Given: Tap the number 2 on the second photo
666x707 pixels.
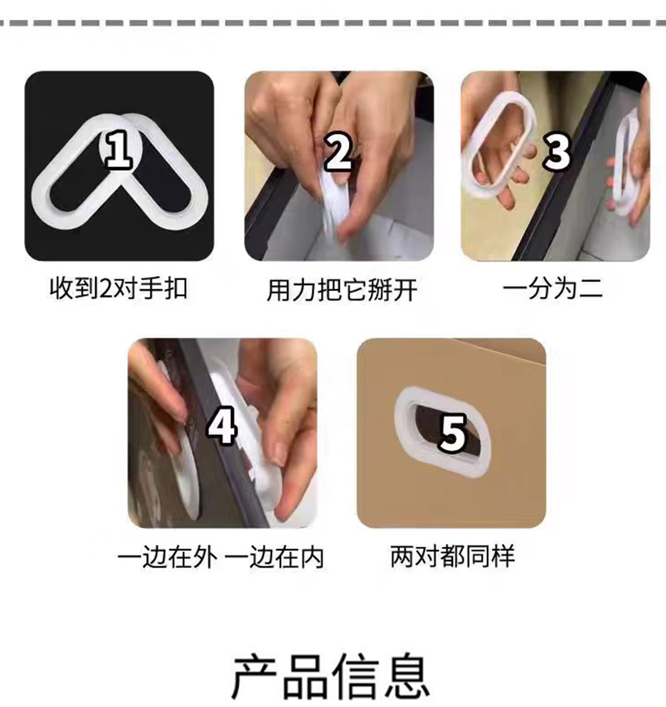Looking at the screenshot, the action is (x=338, y=151).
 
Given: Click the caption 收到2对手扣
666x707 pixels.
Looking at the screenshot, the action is (x=118, y=289).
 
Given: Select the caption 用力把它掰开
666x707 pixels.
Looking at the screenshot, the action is (x=342, y=290).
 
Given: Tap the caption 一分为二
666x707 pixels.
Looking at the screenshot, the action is (x=553, y=289).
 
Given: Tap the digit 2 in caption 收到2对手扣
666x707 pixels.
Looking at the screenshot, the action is (x=103, y=289).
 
